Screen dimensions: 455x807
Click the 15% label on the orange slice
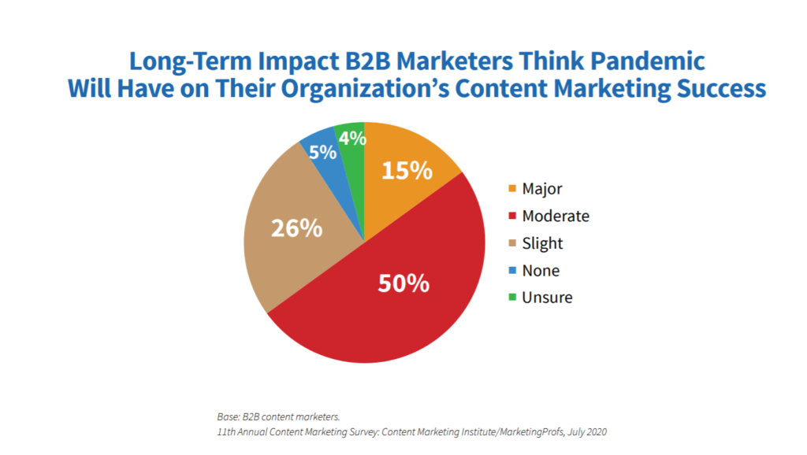[x=407, y=170]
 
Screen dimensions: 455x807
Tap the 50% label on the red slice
[x=403, y=283]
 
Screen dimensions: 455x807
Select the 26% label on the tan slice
[x=296, y=228]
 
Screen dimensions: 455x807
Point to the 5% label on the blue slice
[x=322, y=153]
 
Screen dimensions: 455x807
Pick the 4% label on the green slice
[x=351, y=139]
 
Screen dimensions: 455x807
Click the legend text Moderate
[x=556, y=216]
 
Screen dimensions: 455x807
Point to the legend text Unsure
[x=547, y=298]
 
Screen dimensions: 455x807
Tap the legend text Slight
[x=542, y=243]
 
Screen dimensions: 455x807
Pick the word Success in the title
[x=720, y=88]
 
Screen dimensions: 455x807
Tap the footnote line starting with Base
[x=277, y=416]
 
